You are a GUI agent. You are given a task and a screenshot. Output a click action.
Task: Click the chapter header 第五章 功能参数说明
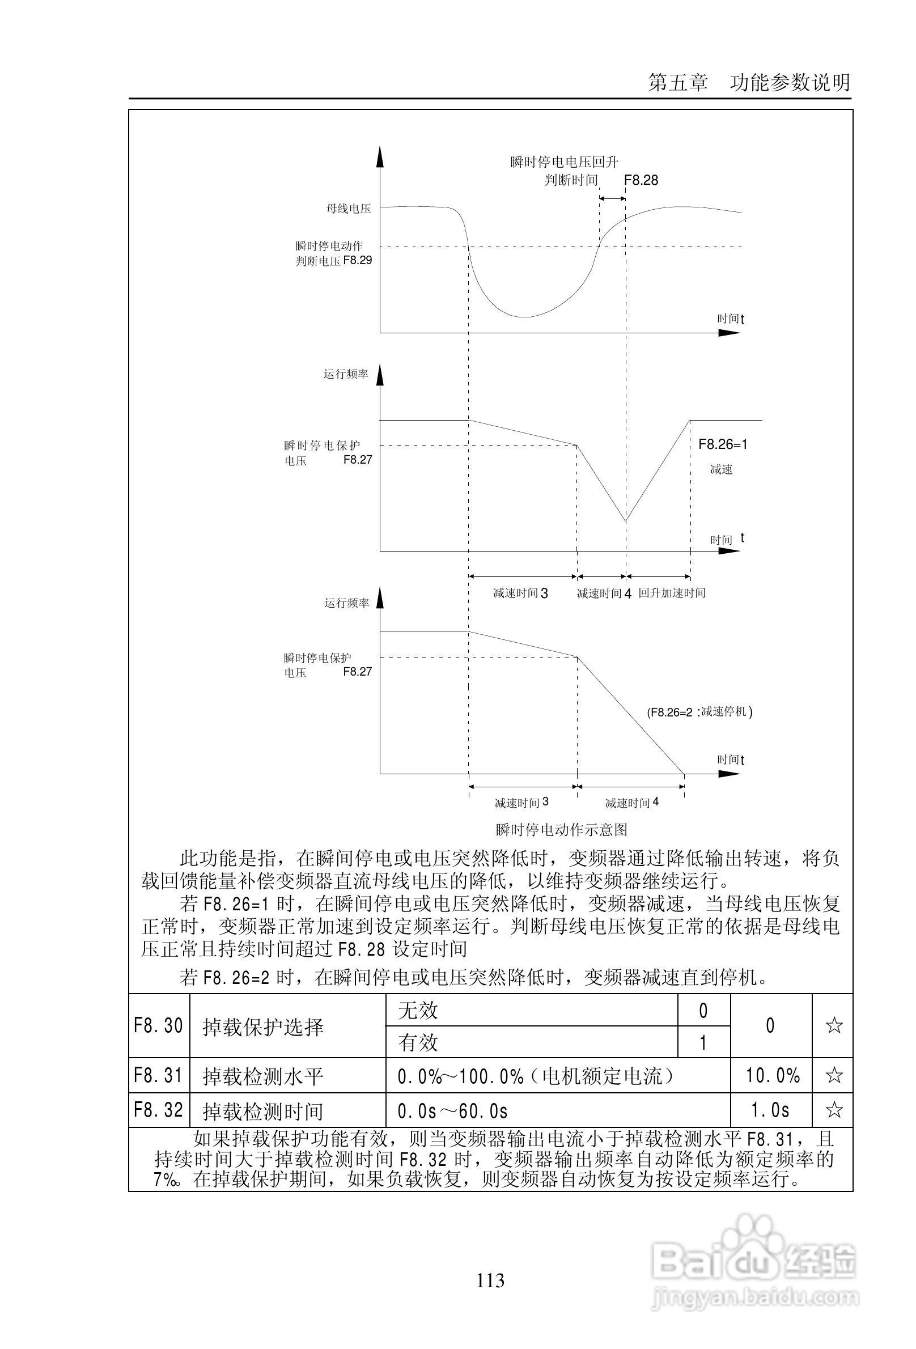[749, 82]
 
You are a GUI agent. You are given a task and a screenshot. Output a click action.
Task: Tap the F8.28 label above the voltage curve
[641, 180]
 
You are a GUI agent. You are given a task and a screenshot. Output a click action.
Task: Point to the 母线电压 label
[348, 209]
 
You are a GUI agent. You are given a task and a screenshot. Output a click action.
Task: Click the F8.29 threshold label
[358, 260]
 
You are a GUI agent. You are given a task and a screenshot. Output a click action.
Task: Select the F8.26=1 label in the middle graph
[723, 444]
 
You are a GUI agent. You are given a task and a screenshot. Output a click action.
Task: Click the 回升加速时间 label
[672, 593]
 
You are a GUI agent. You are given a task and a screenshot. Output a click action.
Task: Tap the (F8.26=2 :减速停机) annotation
[699, 712]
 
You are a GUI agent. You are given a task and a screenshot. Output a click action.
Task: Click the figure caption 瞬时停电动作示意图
[561, 829]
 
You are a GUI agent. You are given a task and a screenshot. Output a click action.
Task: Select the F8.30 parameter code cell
[159, 1026]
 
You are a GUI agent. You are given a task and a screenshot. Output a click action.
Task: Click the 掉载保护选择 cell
[263, 1027]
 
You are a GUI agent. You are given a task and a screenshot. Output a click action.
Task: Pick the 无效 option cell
[418, 1011]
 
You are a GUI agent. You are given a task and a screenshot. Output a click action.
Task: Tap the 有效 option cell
[418, 1042]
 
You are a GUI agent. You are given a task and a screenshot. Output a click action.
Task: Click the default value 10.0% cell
[773, 1076]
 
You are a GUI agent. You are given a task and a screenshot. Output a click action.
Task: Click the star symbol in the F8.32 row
[834, 1110]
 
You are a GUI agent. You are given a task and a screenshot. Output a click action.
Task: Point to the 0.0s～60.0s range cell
[453, 1111]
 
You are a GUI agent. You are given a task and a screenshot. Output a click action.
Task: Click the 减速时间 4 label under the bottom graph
[631, 803]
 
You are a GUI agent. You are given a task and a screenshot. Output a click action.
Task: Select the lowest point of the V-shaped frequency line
[626, 521]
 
